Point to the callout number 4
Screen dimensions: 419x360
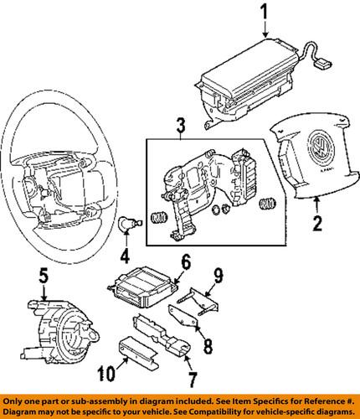coord(125,256)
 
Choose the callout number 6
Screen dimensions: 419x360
coord(186,261)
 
